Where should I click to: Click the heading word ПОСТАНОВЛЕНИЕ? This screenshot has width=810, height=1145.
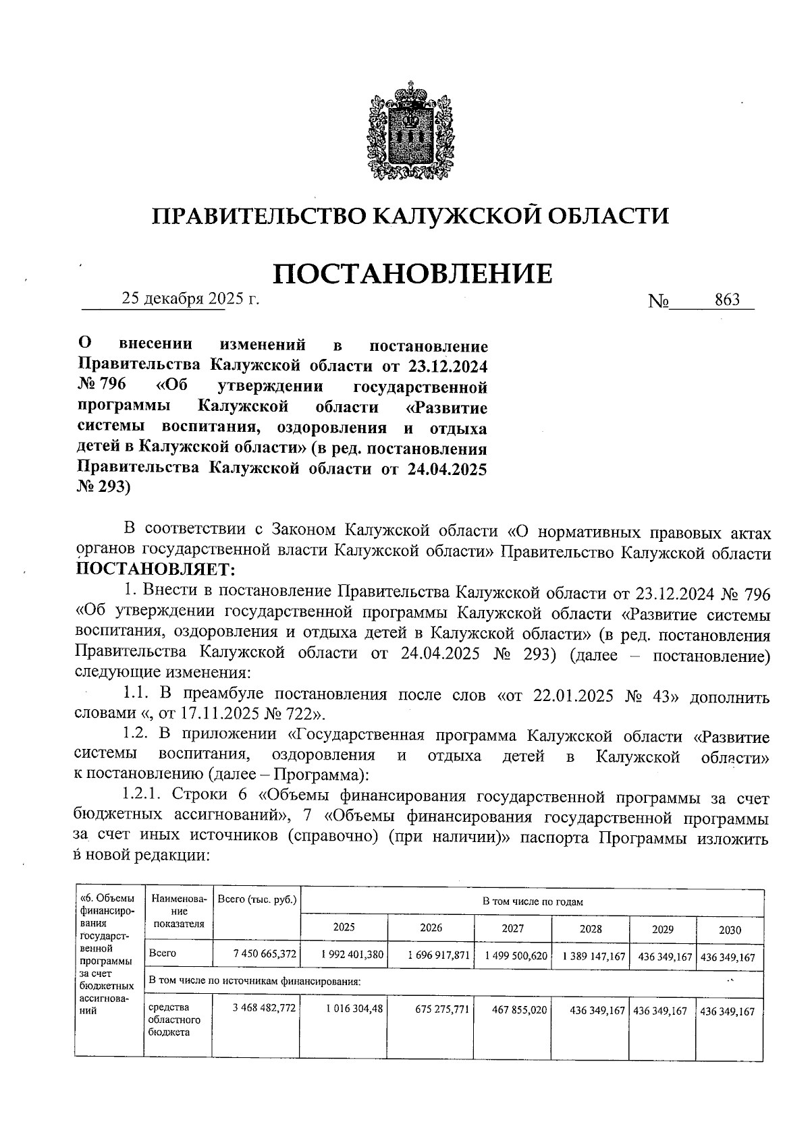[412, 273]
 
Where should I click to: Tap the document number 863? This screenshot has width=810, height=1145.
[727, 300]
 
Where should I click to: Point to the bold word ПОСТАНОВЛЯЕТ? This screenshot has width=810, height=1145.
[155, 570]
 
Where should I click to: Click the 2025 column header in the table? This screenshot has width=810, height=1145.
[344, 927]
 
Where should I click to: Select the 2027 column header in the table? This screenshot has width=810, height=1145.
[512, 928]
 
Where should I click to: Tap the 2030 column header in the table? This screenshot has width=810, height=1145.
[729, 930]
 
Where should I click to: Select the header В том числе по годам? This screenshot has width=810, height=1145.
[532, 901]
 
